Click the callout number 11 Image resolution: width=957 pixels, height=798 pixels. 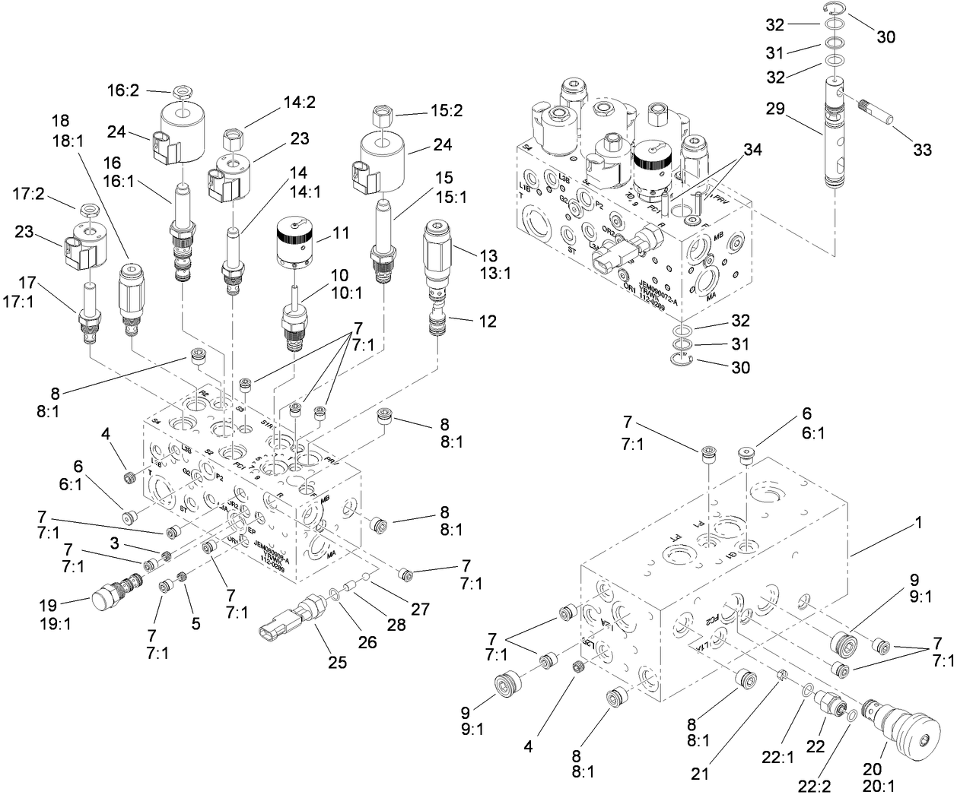click(x=342, y=233)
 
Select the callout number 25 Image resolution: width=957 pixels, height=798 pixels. click(x=338, y=662)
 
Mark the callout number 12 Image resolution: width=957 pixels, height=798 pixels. click(x=488, y=321)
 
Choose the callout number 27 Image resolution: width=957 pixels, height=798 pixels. click(x=421, y=609)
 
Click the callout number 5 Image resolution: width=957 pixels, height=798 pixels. click(x=196, y=623)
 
